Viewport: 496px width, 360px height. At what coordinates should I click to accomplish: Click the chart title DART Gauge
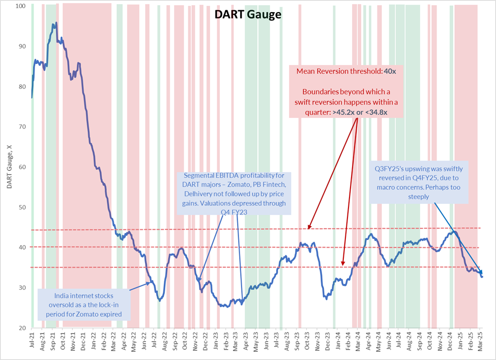tap(247, 15)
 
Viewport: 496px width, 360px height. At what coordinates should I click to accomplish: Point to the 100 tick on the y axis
tap(21, 6)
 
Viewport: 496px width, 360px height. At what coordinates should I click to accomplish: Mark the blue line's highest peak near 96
tap(55, 23)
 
